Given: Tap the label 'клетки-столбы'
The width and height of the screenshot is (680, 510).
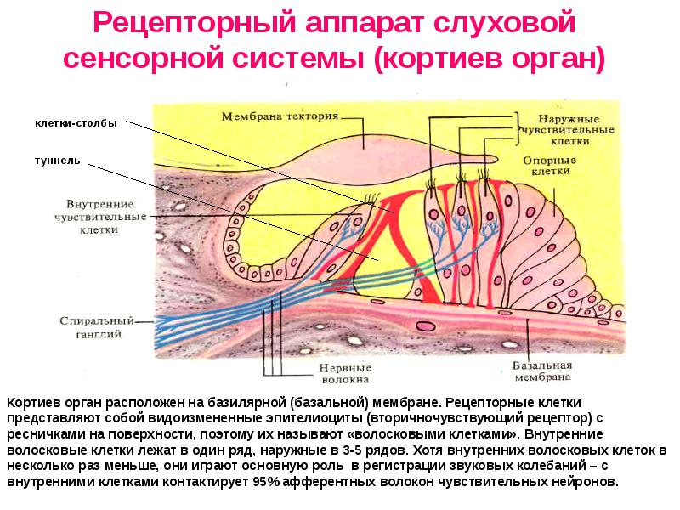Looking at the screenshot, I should [x=76, y=123].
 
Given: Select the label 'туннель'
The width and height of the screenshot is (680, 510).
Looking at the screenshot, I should [x=58, y=159].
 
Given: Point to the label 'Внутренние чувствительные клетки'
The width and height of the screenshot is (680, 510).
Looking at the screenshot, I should [x=105, y=217].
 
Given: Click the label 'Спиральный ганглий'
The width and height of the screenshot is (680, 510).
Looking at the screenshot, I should [x=97, y=328].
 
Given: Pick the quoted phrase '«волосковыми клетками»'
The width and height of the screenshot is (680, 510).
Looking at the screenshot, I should [x=433, y=434].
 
